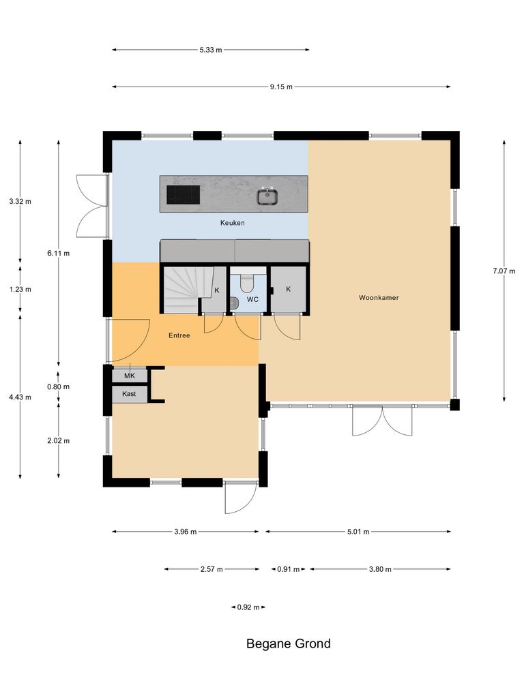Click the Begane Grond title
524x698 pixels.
pyautogui.click(x=288, y=643)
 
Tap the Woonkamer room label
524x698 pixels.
pyautogui.click(x=379, y=298)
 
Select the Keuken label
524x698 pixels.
pyautogui.click(x=232, y=223)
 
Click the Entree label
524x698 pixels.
pyautogui.click(x=179, y=335)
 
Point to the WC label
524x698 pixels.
pyautogui.click(x=252, y=299)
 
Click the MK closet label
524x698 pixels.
pyautogui.click(x=129, y=376)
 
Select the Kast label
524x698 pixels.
pyautogui.click(x=129, y=394)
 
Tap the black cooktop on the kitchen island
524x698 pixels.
pyautogui.click(x=184, y=195)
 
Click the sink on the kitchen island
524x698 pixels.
pyautogui.click(x=267, y=197)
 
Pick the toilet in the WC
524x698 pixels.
pyautogui.click(x=248, y=281)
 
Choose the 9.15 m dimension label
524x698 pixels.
pyautogui.click(x=280, y=87)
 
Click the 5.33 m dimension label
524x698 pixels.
pyautogui.click(x=211, y=50)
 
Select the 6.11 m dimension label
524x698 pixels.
pyautogui.click(x=59, y=253)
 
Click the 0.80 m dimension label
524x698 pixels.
pyautogui.click(x=59, y=386)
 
